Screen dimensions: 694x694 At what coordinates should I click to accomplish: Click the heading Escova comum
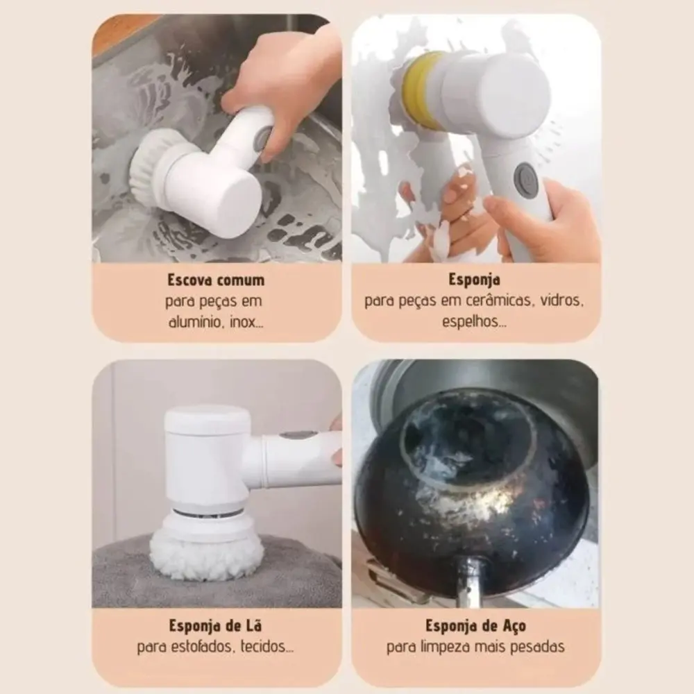216,280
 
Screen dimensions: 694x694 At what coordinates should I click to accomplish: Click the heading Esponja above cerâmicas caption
475,280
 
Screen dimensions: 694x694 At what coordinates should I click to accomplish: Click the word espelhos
475,322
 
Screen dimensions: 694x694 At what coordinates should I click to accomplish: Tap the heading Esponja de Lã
216,626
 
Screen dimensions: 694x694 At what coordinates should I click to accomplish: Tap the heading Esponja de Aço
476,626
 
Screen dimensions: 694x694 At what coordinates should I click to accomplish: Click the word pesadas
537,647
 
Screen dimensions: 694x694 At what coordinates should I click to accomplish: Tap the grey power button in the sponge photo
525,176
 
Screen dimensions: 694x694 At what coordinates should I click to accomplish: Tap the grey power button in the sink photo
265,139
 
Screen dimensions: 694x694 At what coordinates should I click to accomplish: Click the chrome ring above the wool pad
207,514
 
